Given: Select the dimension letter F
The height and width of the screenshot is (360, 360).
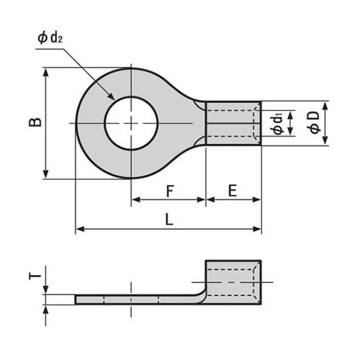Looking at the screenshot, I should [169, 191].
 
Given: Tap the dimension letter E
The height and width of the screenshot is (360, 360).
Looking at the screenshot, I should [233, 191].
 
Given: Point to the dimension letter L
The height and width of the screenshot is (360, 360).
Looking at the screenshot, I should [169, 221].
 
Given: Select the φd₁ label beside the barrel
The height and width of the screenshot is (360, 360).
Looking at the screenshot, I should [278, 122].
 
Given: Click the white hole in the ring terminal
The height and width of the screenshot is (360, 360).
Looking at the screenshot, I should [131, 123].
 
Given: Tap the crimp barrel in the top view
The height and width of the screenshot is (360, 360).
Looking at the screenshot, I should [233, 123].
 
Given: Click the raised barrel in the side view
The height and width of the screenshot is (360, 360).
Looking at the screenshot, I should [233, 282].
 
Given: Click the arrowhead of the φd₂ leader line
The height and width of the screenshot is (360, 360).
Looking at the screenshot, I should [112, 98].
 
